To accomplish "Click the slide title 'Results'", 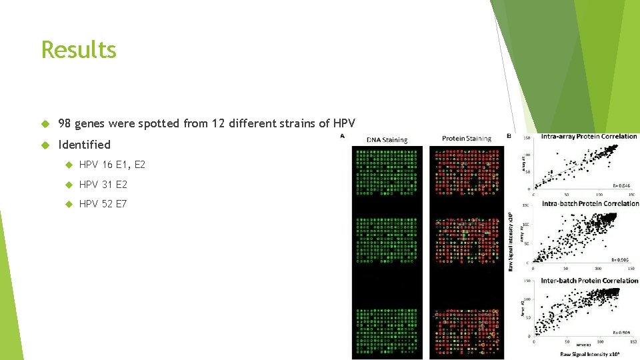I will point(79,50).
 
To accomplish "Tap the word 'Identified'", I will point(85,145).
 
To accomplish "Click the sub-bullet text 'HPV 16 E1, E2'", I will point(112,165).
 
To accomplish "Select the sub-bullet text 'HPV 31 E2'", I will point(103,185).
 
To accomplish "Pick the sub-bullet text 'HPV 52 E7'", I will point(103,204).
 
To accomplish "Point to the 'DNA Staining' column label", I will point(387,140).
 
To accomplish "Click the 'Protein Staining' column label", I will point(466,139).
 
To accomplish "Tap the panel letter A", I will point(343,136).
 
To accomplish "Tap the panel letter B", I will point(509,136).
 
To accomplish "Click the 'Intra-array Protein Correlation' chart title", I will point(589,137).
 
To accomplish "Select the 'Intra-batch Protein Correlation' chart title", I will point(589,203).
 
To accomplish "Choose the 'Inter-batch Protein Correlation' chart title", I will point(589,281).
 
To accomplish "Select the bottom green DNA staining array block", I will point(387,331).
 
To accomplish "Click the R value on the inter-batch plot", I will point(624,331).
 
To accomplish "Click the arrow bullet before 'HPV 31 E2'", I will point(68,185).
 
